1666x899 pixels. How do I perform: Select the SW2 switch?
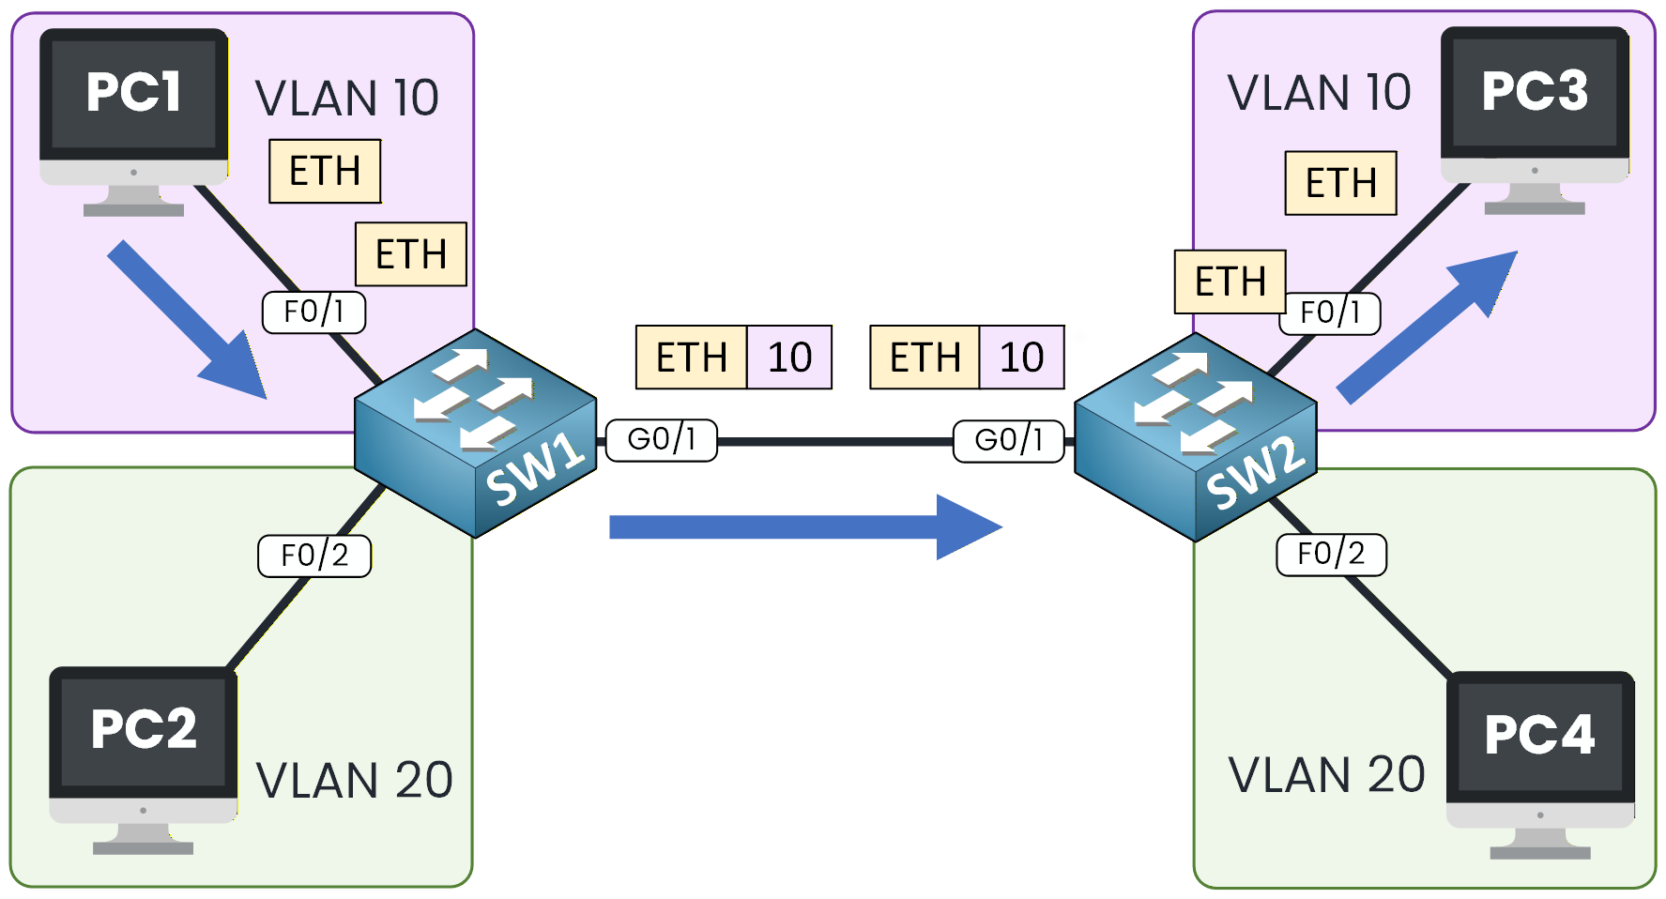coord(1195,437)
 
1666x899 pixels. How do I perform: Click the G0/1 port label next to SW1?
coord(662,440)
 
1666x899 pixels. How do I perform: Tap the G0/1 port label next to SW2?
coord(1009,441)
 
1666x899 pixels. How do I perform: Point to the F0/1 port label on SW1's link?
coord(313,312)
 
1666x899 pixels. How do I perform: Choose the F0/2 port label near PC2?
coord(314,556)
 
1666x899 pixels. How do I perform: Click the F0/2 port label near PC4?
coord(1331,555)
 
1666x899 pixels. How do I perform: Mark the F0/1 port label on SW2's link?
coord(1330,312)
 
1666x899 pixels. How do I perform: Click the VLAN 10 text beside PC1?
coord(347,99)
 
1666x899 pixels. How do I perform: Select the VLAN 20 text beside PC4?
coord(1326,775)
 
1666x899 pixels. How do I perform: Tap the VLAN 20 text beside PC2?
coord(354,781)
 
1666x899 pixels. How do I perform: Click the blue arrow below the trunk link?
coord(805,527)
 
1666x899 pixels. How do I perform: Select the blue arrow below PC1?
coord(187,320)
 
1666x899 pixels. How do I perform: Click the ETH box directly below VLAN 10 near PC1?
coord(325,171)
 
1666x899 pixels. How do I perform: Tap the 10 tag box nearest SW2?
coord(1021,358)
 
